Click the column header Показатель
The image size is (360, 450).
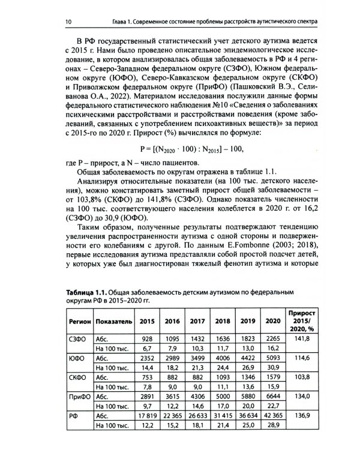113,320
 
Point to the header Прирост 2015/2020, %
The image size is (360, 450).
302,320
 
